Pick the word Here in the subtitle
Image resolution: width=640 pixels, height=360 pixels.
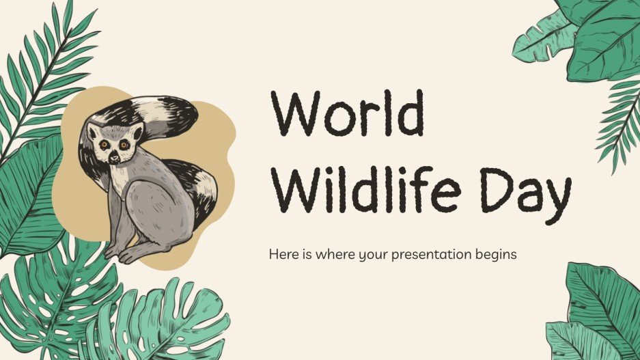tap(281, 255)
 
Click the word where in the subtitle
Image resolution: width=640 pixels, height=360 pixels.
tap(324, 255)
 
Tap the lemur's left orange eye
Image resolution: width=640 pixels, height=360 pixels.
tap(104, 145)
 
